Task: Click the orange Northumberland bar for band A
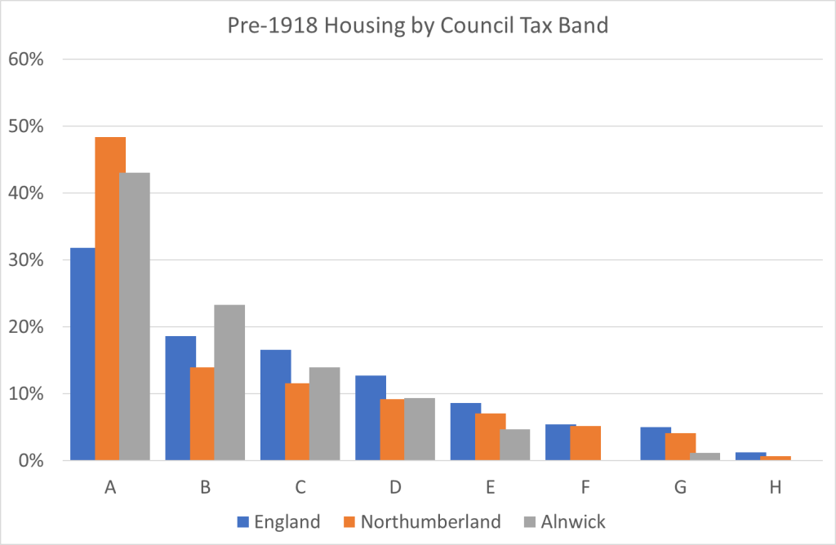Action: pyautogui.click(x=110, y=299)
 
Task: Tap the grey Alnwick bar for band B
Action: pyautogui.click(x=229, y=383)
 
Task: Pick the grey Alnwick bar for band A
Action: pyautogui.click(x=135, y=317)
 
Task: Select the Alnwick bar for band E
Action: pyautogui.click(x=514, y=445)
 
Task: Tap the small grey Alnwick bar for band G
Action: pyautogui.click(x=705, y=456)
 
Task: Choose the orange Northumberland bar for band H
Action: pyautogui.click(x=776, y=458)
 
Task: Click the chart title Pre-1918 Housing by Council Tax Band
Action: pyautogui.click(x=417, y=25)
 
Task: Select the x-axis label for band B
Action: pyautogui.click(x=205, y=488)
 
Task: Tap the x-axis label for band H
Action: pyautogui.click(x=775, y=488)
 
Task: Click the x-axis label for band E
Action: pyautogui.click(x=490, y=488)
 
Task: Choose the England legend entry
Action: pyautogui.click(x=278, y=521)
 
